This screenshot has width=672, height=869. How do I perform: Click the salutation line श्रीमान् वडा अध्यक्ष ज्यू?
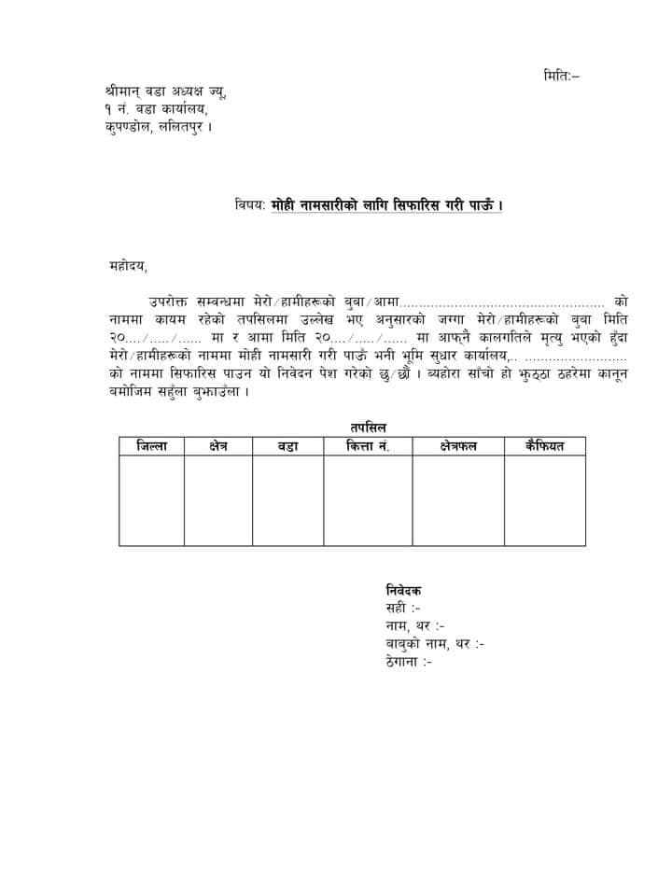point(165,92)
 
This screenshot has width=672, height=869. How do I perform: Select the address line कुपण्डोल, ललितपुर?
point(159,126)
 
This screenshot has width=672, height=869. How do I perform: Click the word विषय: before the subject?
point(250,204)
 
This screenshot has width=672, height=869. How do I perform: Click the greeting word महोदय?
point(128,267)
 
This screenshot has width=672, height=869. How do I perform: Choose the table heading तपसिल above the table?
point(357,427)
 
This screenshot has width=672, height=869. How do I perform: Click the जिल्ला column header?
point(151,446)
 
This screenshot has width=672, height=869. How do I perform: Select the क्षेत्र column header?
point(218,446)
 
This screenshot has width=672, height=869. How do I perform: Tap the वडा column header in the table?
point(287,446)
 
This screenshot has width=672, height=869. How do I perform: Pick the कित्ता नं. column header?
point(368,446)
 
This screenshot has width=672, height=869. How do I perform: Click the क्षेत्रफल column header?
point(458,446)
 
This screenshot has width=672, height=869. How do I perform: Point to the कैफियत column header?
point(545,446)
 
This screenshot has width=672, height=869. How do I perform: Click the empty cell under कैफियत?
point(545,500)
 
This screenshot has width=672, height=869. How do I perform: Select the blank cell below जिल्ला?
point(151,500)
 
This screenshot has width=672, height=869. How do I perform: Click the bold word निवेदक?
point(403,590)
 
